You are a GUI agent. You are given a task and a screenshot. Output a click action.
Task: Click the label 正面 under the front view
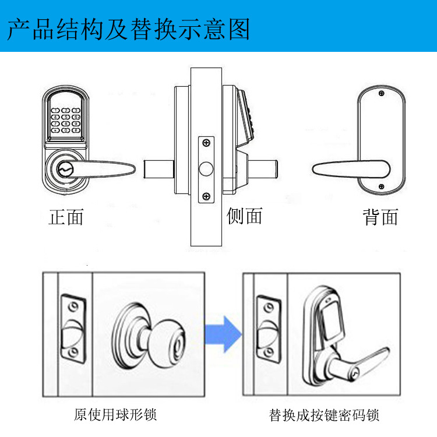[66, 217]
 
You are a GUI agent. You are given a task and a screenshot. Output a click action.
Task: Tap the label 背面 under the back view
[380, 217]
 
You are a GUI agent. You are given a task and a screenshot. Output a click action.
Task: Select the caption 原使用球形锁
[115, 415]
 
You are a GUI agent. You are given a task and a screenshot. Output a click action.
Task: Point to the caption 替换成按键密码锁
[324, 415]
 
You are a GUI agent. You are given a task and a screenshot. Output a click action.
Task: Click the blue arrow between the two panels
[223, 333]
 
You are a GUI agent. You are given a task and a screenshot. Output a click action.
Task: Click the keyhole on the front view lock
[64, 170]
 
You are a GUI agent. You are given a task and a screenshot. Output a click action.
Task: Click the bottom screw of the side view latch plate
[206, 196]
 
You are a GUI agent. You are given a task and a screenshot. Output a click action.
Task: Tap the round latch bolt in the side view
[206, 169]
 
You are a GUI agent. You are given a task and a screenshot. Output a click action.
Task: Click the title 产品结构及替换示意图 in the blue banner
[129, 29]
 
